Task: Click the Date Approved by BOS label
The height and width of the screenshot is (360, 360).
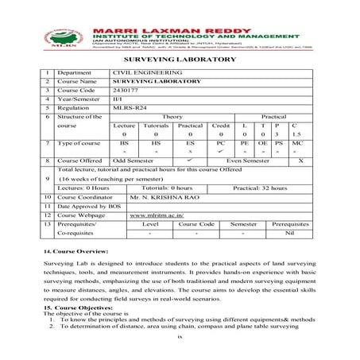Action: click(x=87, y=205)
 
